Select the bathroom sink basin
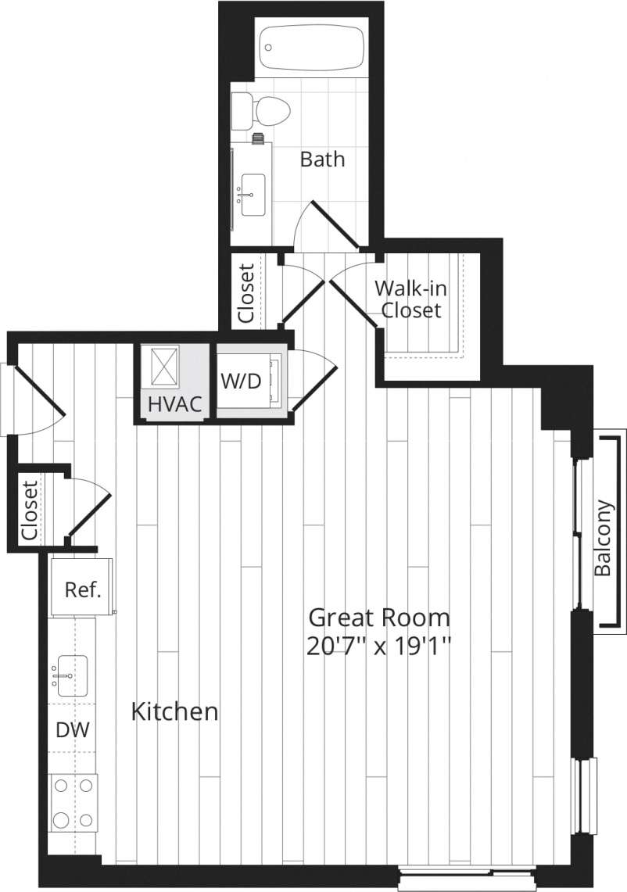tap(253, 194)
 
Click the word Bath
tap(322, 159)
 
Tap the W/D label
tap(241, 382)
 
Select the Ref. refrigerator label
tap(84, 589)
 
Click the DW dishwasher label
tap(72, 730)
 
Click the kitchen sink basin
tap(71, 675)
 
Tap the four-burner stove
tap(73, 802)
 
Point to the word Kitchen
tap(174, 712)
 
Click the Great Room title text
tap(379, 618)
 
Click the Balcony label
tap(603, 537)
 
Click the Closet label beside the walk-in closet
tap(245, 294)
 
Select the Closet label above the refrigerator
tap(29, 509)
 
